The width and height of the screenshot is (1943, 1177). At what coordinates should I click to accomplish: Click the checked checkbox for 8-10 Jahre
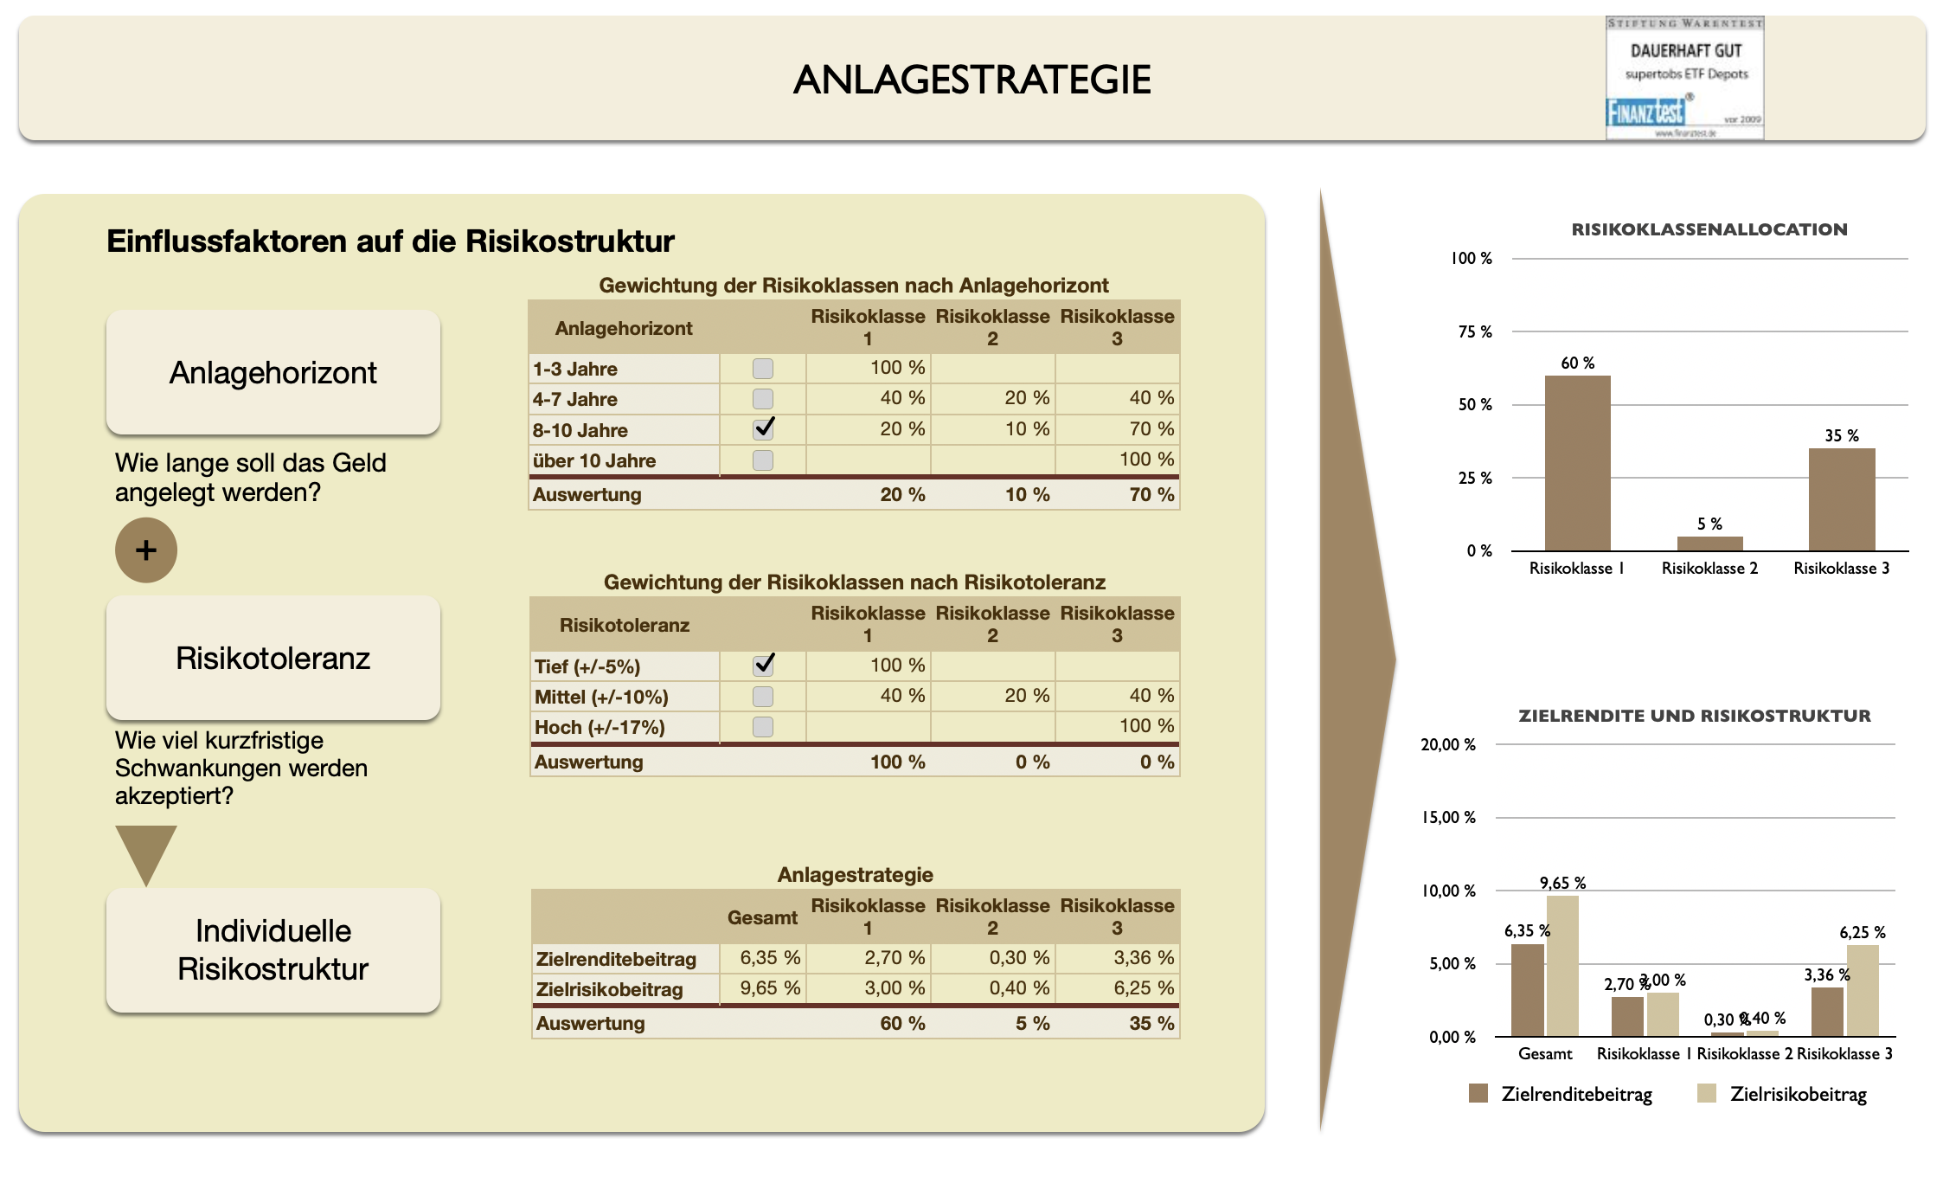coord(763,429)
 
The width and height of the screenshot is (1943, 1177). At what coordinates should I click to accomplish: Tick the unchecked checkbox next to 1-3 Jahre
coord(763,369)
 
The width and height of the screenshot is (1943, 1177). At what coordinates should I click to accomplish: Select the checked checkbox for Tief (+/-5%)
coord(763,666)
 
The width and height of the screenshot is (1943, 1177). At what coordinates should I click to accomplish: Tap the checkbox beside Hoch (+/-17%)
coord(763,727)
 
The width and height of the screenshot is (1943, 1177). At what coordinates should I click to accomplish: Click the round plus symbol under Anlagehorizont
coord(146,550)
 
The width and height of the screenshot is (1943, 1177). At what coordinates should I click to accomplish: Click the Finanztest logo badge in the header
coord(1684,78)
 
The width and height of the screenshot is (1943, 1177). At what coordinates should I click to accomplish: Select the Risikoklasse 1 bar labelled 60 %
coord(1577,463)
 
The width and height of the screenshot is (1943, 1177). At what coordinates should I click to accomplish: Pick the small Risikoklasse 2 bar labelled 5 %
coord(1709,543)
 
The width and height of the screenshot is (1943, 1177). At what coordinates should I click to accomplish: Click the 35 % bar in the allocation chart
coord(1842,499)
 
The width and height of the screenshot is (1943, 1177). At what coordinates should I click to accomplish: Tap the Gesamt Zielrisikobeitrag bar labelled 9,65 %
coord(1562,966)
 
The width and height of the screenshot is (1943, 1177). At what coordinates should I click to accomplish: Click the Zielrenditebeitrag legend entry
coord(1561,1094)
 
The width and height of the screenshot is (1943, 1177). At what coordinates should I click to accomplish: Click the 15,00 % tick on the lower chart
coord(1449,817)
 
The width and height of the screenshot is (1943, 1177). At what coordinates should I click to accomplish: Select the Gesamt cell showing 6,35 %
coord(769,958)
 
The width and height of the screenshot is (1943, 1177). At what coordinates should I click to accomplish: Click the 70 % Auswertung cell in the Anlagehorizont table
coord(1151,495)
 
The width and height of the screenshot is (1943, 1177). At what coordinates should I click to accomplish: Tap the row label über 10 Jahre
coord(594,460)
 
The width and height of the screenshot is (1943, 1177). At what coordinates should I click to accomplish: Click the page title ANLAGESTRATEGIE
coord(971,80)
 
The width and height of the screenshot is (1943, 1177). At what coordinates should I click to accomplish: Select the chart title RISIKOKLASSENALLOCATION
coord(1709,229)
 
